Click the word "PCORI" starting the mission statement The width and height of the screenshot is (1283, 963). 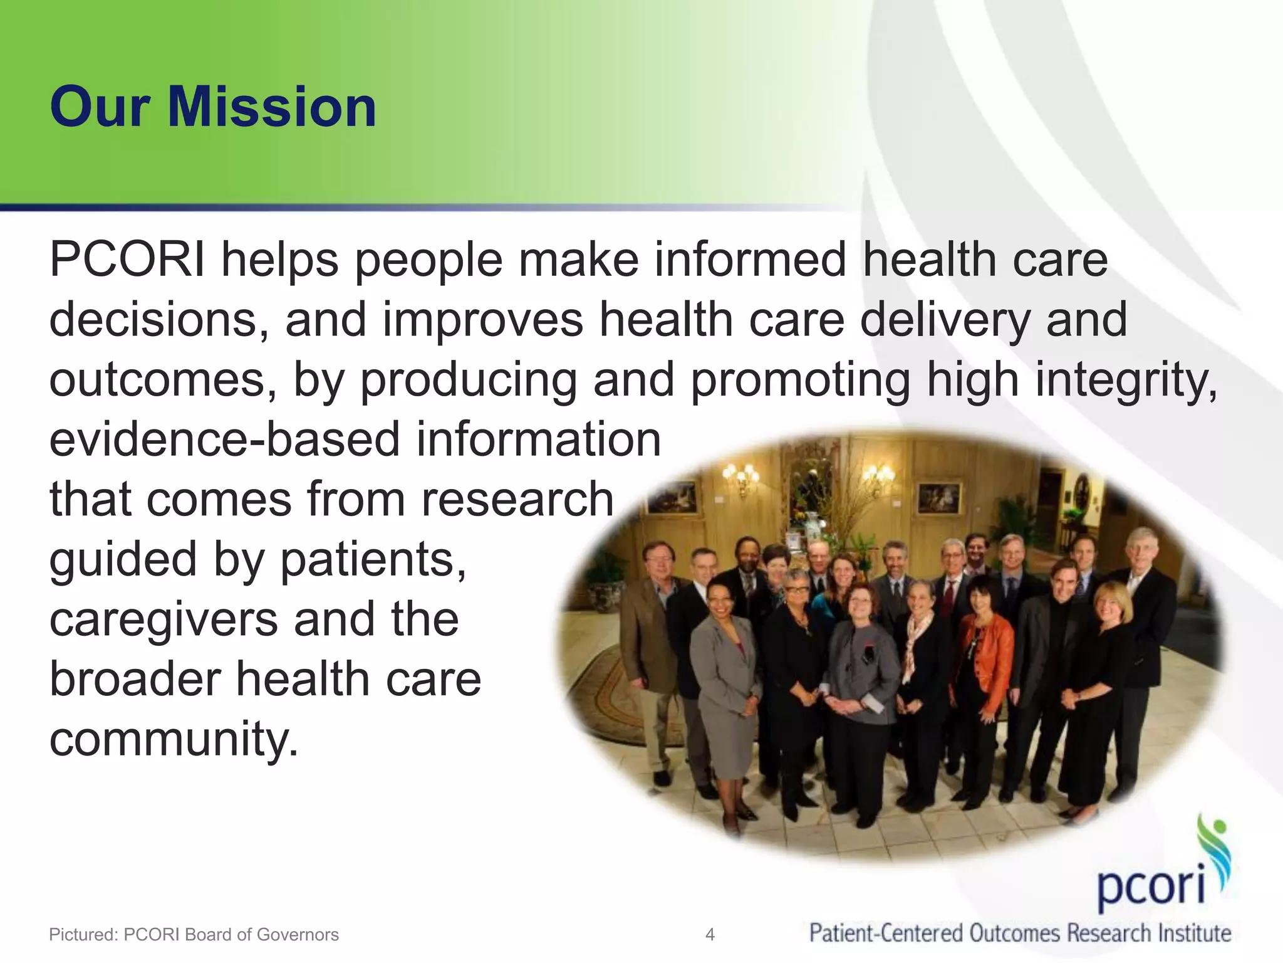point(127,260)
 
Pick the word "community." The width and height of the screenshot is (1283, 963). point(174,740)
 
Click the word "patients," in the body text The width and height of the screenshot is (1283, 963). point(373,559)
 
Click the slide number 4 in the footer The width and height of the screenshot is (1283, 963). point(710,935)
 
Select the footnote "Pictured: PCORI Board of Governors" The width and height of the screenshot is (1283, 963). point(194,935)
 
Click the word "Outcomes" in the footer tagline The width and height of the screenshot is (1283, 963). point(1015,934)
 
